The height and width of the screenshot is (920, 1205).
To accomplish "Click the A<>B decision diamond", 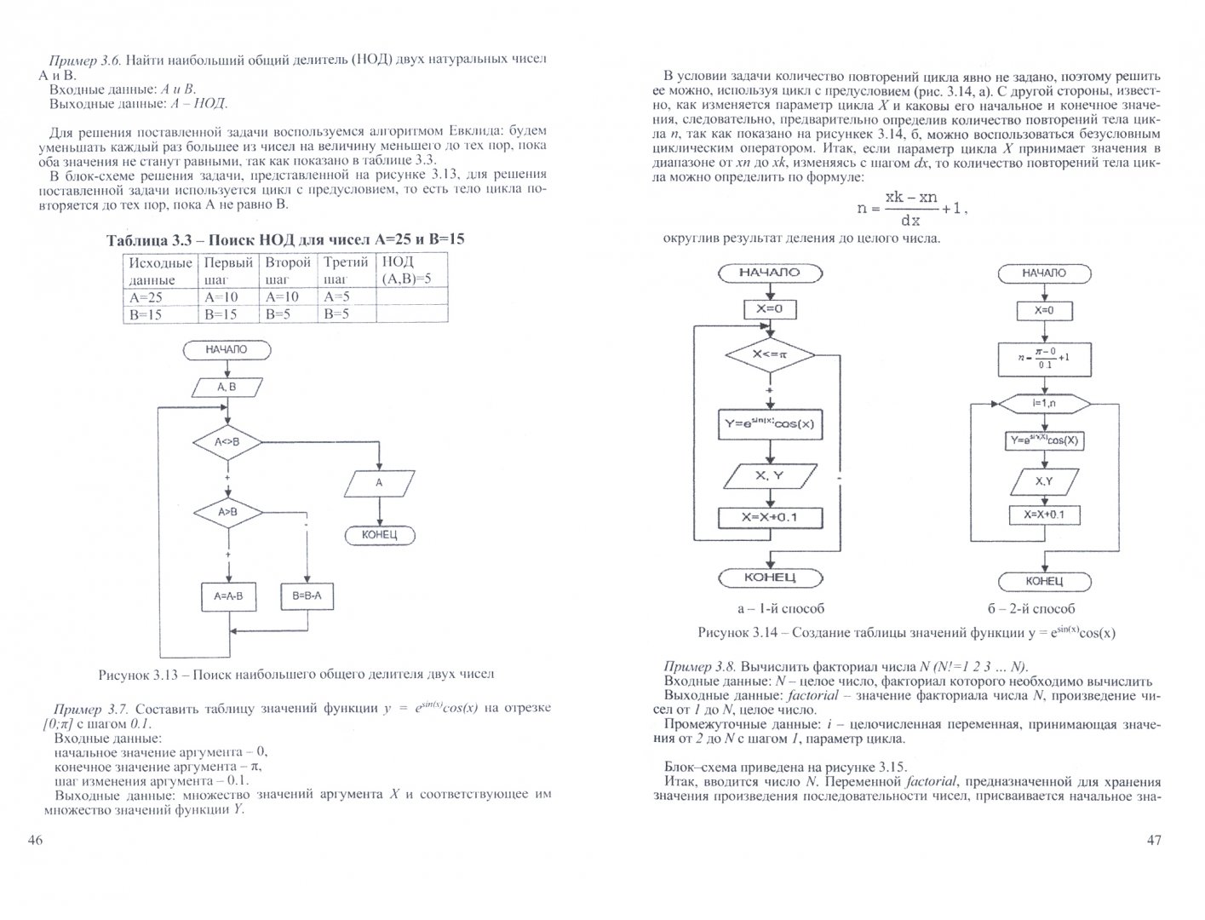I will (x=227, y=442).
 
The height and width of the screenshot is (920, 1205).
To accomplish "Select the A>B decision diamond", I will (x=227, y=512).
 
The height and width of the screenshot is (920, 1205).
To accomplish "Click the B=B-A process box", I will (x=307, y=596).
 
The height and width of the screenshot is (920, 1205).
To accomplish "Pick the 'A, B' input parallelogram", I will (x=227, y=388).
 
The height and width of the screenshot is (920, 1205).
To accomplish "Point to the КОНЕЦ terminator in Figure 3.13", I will (x=380, y=535).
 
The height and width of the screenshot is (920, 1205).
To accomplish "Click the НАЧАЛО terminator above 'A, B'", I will (x=227, y=349).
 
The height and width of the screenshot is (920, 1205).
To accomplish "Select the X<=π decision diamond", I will (x=769, y=354).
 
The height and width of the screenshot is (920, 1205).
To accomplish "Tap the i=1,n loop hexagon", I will (x=1044, y=401).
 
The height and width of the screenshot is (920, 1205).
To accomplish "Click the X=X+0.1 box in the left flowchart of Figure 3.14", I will (x=769, y=518).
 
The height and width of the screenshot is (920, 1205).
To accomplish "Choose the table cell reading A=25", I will (x=160, y=297).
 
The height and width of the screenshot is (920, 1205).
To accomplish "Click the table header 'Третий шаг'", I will (x=346, y=270).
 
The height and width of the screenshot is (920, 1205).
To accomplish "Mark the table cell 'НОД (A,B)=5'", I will (x=411, y=270).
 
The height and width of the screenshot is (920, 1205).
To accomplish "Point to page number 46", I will (x=35, y=840).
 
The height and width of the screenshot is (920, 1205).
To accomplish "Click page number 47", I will (x=1154, y=840).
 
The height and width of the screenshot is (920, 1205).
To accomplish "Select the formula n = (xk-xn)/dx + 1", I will (x=911, y=206).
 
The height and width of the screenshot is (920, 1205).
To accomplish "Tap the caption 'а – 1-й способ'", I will (x=781, y=608).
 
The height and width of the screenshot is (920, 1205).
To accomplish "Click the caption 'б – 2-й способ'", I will (x=1030, y=608).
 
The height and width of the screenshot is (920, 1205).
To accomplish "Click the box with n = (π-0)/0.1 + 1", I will (x=1044, y=359).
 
